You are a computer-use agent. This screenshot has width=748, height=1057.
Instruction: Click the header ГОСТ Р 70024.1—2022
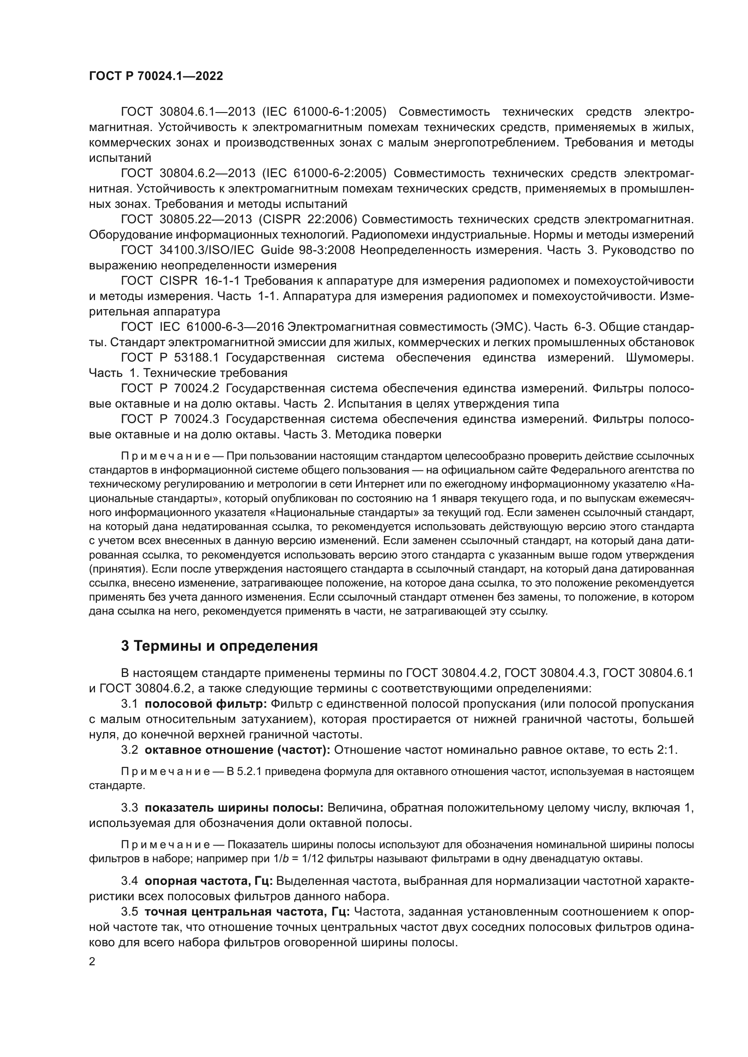(x=156, y=76)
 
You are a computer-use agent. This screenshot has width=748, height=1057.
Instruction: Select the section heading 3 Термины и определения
(x=219, y=646)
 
